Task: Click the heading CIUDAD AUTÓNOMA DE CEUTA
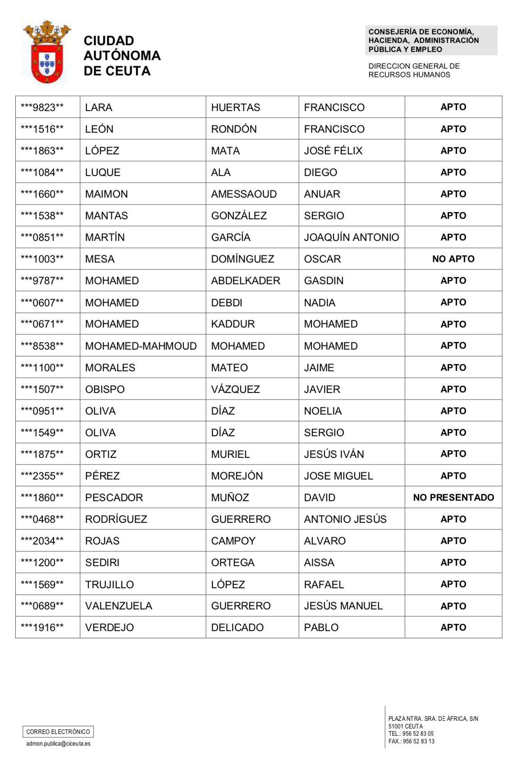(122, 55)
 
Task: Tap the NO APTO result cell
(453, 259)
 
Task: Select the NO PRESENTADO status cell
(453, 497)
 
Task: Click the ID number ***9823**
(42, 107)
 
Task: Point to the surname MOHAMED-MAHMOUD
(141, 346)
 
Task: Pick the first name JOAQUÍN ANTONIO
(351, 237)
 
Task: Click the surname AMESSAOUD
(244, 194)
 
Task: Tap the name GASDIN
(324, 281)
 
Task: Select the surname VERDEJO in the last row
(110, 627)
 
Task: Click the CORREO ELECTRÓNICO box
(58, 732)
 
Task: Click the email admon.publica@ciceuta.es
(58, 744)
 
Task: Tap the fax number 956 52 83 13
(418, 742)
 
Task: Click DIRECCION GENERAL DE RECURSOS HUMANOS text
(414, 70)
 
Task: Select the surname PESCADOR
(114, 497)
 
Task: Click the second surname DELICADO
(237, 627)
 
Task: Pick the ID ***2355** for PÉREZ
(42, 476)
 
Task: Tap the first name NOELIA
(323, 411)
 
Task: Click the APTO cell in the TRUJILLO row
(453, 584)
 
